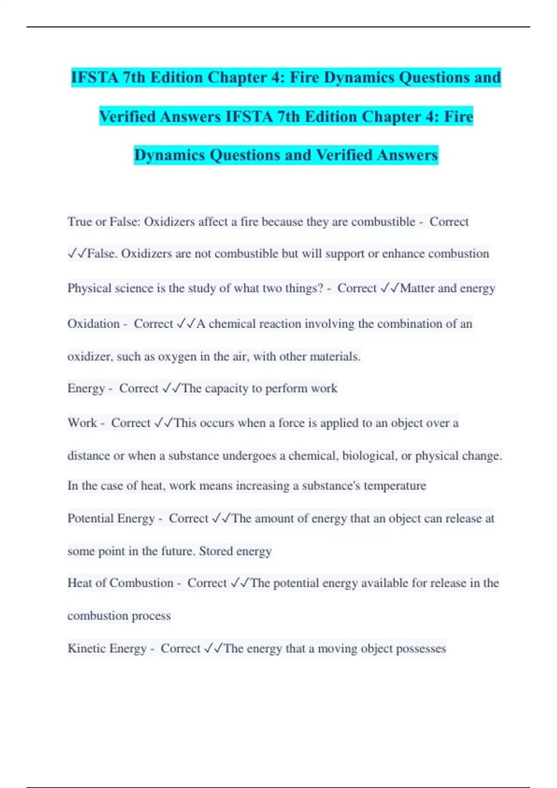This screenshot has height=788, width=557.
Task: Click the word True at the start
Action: (x=79, y=222)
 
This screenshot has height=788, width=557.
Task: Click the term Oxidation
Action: (x=93, y=324)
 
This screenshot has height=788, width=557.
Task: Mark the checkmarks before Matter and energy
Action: (x=389, y=288)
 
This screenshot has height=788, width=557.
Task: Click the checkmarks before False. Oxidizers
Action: (x=77, y=254)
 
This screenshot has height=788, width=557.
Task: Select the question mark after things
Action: (x=320, y=288)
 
